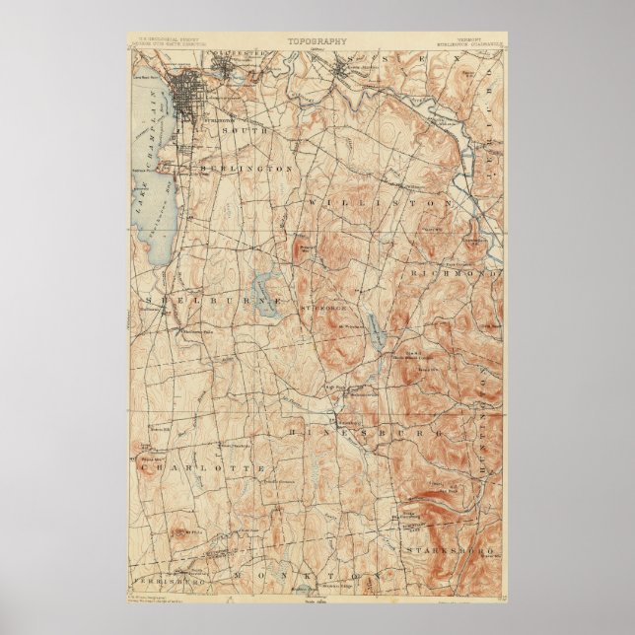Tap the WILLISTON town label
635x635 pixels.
tap(380, 201)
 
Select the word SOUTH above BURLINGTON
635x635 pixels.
tap(238, 130)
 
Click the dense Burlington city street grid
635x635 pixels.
tap(186, 96)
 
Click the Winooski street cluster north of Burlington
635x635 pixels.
tap(238, 70)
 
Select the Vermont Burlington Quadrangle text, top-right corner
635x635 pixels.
tap(467, 45)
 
